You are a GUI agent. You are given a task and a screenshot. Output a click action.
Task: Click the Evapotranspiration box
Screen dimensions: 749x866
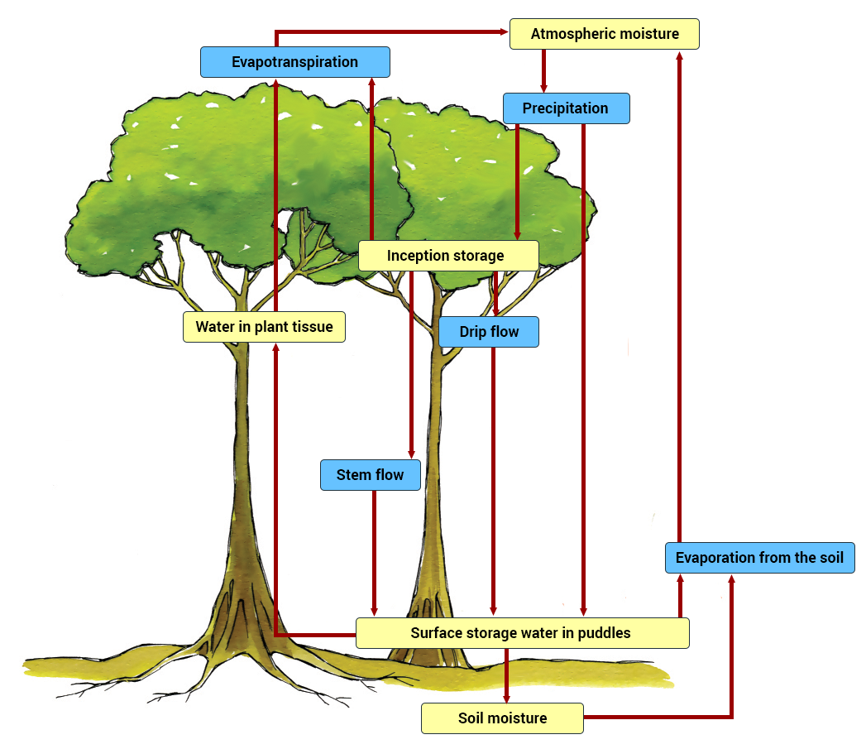coord(294,62)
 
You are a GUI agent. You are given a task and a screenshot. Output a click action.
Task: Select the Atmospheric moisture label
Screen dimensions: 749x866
coord(605,34)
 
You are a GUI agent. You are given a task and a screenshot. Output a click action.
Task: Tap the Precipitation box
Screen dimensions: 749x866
coord(566,108)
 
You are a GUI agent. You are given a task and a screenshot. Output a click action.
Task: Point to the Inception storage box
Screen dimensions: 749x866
coord(447,256)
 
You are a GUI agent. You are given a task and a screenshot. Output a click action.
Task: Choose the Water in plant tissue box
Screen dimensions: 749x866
coord(264,327)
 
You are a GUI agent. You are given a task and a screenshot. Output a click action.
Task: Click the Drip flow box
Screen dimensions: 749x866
coord(489,332)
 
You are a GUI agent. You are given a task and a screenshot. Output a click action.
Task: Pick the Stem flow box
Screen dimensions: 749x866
coord(370,475)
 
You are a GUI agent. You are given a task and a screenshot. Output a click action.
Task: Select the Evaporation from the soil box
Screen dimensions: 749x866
coord(759,558)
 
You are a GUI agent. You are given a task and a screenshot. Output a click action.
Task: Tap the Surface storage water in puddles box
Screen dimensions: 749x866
coord(521,633)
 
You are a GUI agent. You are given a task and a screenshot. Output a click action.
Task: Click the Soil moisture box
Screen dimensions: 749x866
coord(502,718)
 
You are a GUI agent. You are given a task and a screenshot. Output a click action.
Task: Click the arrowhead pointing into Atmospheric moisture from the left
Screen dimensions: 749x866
coord(503,32)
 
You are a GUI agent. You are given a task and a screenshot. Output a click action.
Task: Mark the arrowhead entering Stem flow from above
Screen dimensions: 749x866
coord(411,454)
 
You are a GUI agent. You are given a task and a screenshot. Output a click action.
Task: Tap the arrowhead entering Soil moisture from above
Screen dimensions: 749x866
coord(507,697)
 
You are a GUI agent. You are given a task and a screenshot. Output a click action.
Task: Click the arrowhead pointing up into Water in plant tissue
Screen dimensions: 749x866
coord(275,348)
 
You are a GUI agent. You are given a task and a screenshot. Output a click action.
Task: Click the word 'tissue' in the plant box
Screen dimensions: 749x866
coord(313,327)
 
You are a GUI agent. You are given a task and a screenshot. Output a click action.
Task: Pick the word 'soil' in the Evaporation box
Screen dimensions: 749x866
coord(830,558)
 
